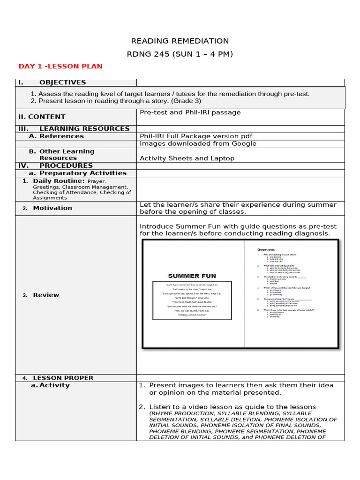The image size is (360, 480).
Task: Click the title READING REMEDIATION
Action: (x=180, y=41)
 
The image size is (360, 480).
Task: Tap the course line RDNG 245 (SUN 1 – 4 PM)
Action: (x=180, y=54)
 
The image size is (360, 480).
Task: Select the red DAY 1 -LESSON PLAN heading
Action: (x=60, y=67)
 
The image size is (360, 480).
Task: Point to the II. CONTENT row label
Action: (x=42, y=117)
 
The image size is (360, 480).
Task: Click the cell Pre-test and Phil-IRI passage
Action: (x=190, y=112)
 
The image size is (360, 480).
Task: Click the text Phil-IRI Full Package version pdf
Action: (x=196, y=136)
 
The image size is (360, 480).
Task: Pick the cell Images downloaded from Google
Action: (x=198, y=143)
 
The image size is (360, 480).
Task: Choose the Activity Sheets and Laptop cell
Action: (x=187, y=158)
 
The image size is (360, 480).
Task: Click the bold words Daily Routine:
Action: (x=59, y=181)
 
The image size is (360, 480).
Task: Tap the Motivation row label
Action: (x=52, y=208)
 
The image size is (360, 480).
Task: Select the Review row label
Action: (x=46, y=295)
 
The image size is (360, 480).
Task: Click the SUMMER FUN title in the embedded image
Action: (x=192, y=276)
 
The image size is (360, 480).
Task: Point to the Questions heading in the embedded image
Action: (x=266, y=249)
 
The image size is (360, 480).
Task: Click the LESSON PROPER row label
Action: (x=63, y=378)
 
